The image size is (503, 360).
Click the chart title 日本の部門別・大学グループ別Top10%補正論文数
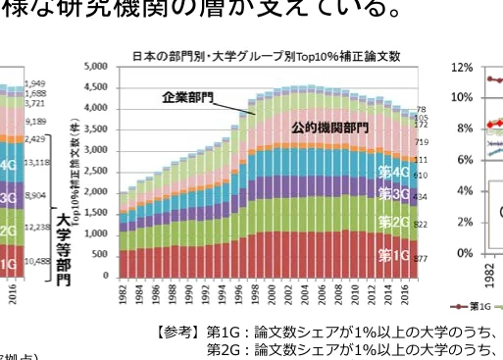266,57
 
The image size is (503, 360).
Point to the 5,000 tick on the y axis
95,67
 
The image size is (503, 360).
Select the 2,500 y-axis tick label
95,172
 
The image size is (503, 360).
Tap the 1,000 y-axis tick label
95,234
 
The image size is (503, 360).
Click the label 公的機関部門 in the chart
329,129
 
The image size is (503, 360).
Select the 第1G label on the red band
393,256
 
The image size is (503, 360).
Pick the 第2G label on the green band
393,222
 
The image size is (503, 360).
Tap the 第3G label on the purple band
393,194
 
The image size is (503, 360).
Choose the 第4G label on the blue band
393,171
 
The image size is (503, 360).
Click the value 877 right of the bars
421,258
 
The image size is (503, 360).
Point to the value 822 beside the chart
421,225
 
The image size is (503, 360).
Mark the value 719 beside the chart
421,143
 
